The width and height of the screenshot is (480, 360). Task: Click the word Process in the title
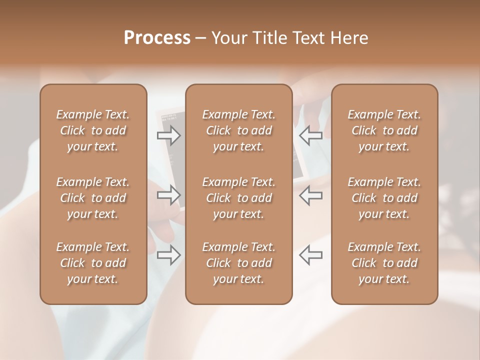coord(157,38)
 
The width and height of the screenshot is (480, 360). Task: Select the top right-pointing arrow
coord(169,135)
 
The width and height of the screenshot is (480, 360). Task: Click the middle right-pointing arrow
coord(169,195)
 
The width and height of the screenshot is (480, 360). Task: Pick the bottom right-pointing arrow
coord(169,254)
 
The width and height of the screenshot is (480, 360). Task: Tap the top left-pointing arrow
coord(310,135)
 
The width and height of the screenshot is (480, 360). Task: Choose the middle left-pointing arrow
coord(310,195)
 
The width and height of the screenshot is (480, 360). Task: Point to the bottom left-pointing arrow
coord(310,254)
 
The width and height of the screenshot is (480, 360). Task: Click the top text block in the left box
coord(93,130)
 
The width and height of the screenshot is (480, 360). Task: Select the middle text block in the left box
coord(93,198)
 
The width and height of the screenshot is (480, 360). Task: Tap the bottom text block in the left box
coord(93,263)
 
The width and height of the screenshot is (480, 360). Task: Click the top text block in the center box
coord(238,130)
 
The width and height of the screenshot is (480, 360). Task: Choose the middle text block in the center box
coord(238,198)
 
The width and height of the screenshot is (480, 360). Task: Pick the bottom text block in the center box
coord(238,263)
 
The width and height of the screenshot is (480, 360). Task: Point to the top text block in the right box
coord(384,130)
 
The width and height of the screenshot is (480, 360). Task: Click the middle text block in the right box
coord(384,198)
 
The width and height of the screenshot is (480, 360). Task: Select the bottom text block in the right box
coord(384,263)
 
